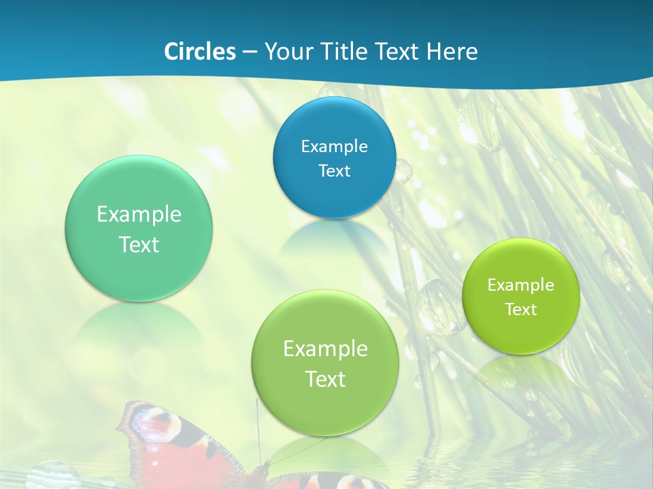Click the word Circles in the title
pyautogui.click(x=199, y=52)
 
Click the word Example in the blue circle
pyautogui.click(x=334, y=146)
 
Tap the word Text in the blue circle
pyautogui.click(x=334, y=170)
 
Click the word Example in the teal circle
pyautogui.click(x=139, y=214)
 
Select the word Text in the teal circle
pyautogui.click(x=139, y=244)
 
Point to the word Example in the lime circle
pyautogui.click(x=521, y=285)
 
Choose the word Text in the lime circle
pyautogui.click(x=521, y=309)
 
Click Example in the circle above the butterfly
pyautogui.click(x=324, y=348)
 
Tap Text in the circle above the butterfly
pyautogui.click(x=324, y=379)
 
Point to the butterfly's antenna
pyautogui.click(x=258, y=428)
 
